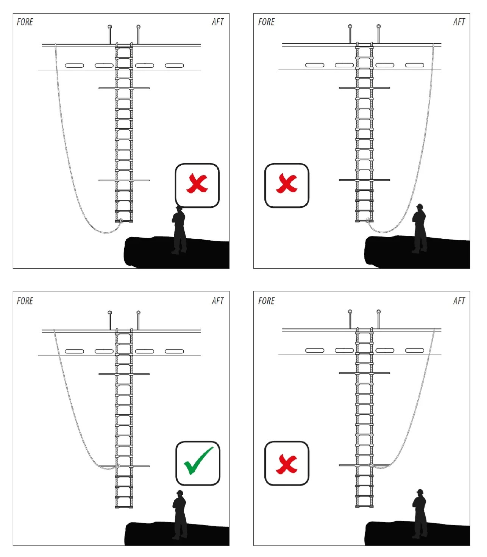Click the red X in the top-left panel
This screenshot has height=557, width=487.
pyautogui.click(x=197, y=184)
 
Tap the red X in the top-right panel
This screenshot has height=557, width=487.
pyautogui.click(x=287, y=184)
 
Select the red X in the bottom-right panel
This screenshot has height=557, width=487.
pyautogui.click(x=287, y=464)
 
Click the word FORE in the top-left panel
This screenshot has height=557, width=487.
pyautogui.click(x=25, y=22)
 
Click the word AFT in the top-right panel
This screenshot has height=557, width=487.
pyautogui.click(x=459, y=22)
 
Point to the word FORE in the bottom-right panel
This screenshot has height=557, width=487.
pyautogui.click(x=266, y=301)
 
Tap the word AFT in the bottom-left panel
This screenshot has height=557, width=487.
pyautogui.click(x=218, y=301)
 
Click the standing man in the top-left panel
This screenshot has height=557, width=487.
pyautogui.click(x=179, y=231)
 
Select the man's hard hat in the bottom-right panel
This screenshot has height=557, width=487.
pyautogui.click(x=420, y=492)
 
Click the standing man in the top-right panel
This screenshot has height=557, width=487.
pyautogui.click(x=419, y=229)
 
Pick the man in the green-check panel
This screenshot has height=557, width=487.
pyautogui.click(x=180, y=515)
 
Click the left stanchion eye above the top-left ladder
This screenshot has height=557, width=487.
pyautogui.click(x=110, y=27)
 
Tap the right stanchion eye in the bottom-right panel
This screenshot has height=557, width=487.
pyautogui.click(x=378, y=312)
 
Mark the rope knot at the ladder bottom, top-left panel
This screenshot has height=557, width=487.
pyautogui.click(x=121, y=221)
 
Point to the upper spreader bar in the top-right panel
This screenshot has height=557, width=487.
pyautogui.click(x=364, y=88)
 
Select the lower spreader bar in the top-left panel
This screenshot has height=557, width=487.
pyautogui.click(x=124, y=180)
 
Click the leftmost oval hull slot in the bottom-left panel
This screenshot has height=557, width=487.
pyautogui.click(x=75, y=351)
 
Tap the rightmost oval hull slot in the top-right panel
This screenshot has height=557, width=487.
pyautogui.click(x=415, y=65)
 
